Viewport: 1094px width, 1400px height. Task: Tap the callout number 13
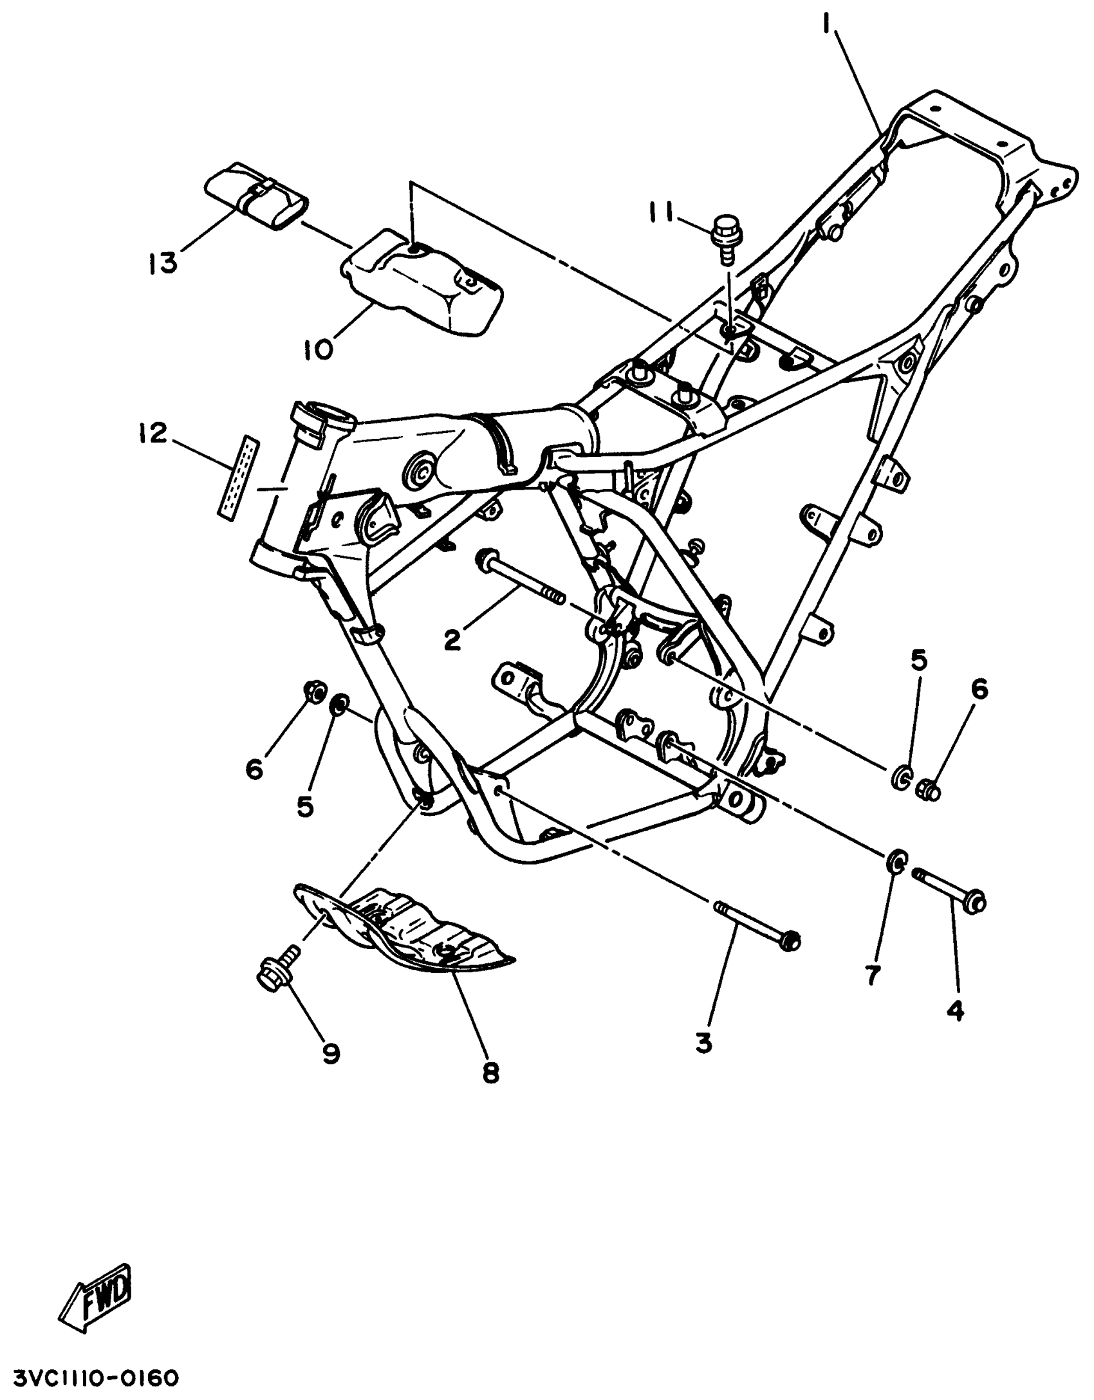(x=163, y=262)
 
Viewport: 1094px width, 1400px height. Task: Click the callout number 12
(x=151, y=433)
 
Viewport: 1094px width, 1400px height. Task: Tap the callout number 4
(x=955, y=1013)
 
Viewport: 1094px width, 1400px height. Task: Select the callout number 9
(x=331, y=1053)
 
